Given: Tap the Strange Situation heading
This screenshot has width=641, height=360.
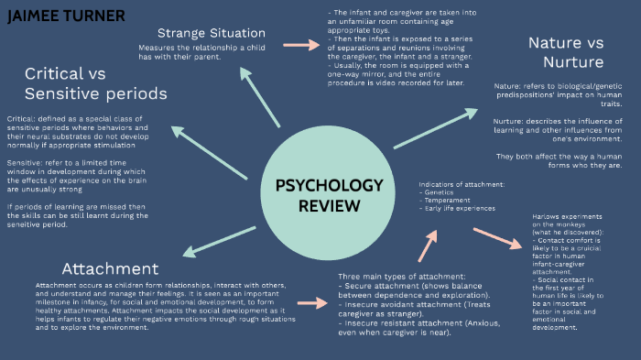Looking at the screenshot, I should pyautogui.click(x=200, y=33).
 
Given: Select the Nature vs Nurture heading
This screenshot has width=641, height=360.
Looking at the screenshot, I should pyautogui.click(x=565, y=52).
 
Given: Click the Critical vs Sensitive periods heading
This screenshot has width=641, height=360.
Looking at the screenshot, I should pyautogui.click(x=95, y=83).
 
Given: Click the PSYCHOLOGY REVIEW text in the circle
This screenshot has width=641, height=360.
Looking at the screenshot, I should pyautogui.click(x=329, y=195).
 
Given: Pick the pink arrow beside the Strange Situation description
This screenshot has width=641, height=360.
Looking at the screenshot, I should pyautogui.click(x=299, y=44).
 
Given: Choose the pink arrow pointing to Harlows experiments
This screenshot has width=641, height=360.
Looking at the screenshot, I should pyautogui.click(x=498, y=240).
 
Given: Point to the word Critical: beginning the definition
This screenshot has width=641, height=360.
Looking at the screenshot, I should pyautogui.click(x=21, y=119).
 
